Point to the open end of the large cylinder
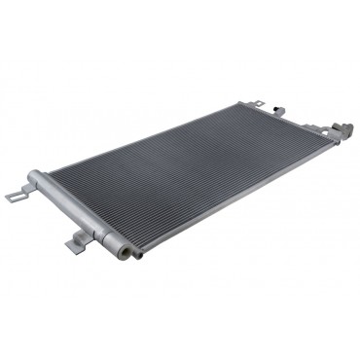click(x=123, y=250)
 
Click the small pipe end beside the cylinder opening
click(x=137, y=255)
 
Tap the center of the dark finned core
click(x=190, y=175)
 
